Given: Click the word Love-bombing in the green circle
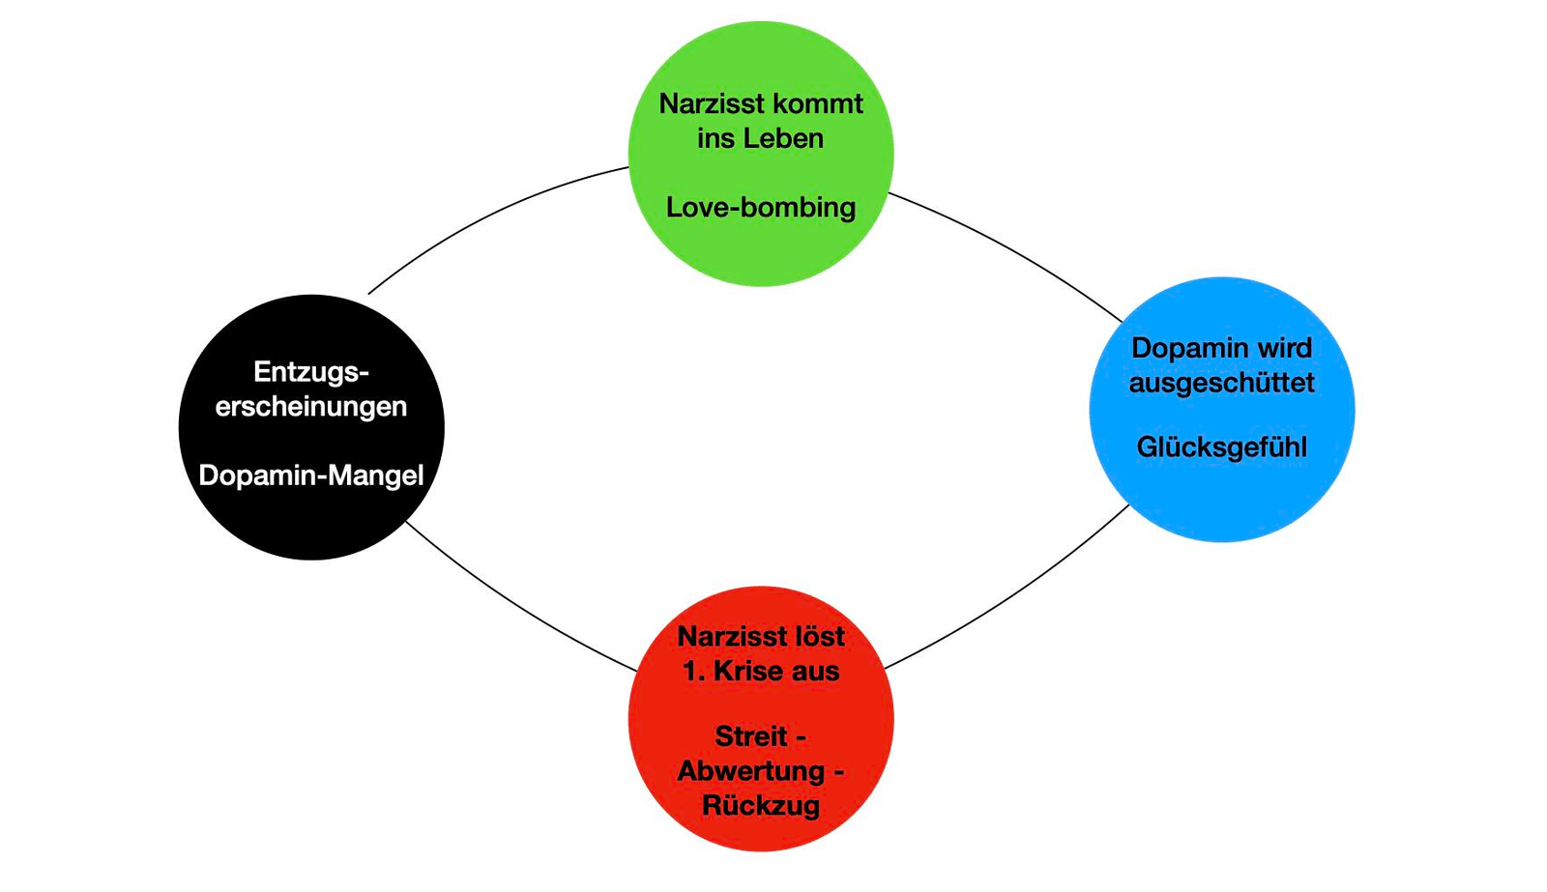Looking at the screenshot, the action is click(760, 208).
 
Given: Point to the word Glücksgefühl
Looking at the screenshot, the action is click(1222, 447).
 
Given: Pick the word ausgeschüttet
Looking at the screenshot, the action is click(1222, 383).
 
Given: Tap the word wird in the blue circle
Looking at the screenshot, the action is click(1285, 348).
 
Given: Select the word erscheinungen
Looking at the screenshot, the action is click(310, 407).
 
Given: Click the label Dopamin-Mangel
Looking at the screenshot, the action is click(310, 475).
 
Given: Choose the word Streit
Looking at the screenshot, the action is click(750, 736).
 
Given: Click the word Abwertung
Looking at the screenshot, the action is click(751, 771).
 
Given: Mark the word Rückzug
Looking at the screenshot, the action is click(761, 806).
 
